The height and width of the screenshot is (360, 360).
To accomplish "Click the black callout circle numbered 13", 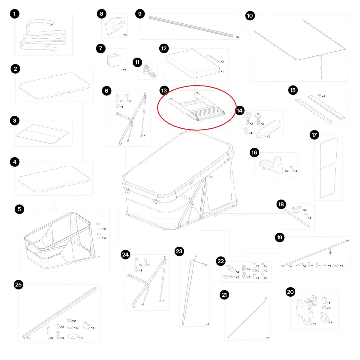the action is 164,91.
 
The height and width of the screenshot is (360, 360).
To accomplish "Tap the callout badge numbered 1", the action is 15,13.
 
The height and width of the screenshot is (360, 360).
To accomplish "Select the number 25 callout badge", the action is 19,284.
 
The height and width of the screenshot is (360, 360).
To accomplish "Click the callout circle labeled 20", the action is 290,292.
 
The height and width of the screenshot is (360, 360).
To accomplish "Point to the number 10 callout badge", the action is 250,16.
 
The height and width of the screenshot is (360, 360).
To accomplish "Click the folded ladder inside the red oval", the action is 197,107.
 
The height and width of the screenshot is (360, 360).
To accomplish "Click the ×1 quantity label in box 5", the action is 99,257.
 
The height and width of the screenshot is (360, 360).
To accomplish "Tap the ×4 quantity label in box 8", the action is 125,35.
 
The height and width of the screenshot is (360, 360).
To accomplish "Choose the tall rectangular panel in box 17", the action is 328,168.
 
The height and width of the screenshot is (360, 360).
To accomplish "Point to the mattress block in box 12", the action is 193,64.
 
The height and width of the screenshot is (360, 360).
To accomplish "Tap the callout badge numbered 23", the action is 179,251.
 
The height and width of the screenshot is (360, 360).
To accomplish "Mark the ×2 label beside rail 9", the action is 238,37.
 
